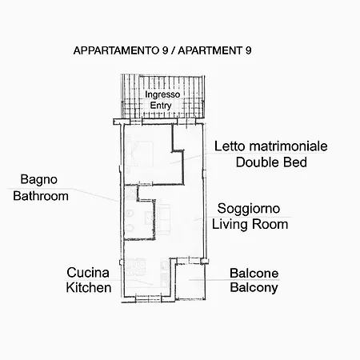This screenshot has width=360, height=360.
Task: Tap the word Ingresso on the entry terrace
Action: [x=162, y=94]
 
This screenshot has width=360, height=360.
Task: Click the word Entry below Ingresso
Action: [x=161, y=106]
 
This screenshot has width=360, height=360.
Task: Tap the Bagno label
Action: [x=39, y=180]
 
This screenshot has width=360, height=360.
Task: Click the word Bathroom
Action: [x=41, y=196]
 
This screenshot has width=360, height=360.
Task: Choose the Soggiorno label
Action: [x=249, y=209]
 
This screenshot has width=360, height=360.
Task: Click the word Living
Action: [x=230, y=224]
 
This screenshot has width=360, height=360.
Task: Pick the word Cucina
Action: [x=88, y=273]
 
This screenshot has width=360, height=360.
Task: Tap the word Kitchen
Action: [x=89, y=288]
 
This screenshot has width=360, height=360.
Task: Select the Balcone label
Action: [x=254, y=273]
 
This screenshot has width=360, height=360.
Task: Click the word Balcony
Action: [x=254, y=288]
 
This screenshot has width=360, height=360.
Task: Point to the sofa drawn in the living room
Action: [x=164, y=219]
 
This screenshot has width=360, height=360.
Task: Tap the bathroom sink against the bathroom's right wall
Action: [x=149, y=218]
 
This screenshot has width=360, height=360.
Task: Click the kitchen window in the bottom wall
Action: [x=148, y=298]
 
